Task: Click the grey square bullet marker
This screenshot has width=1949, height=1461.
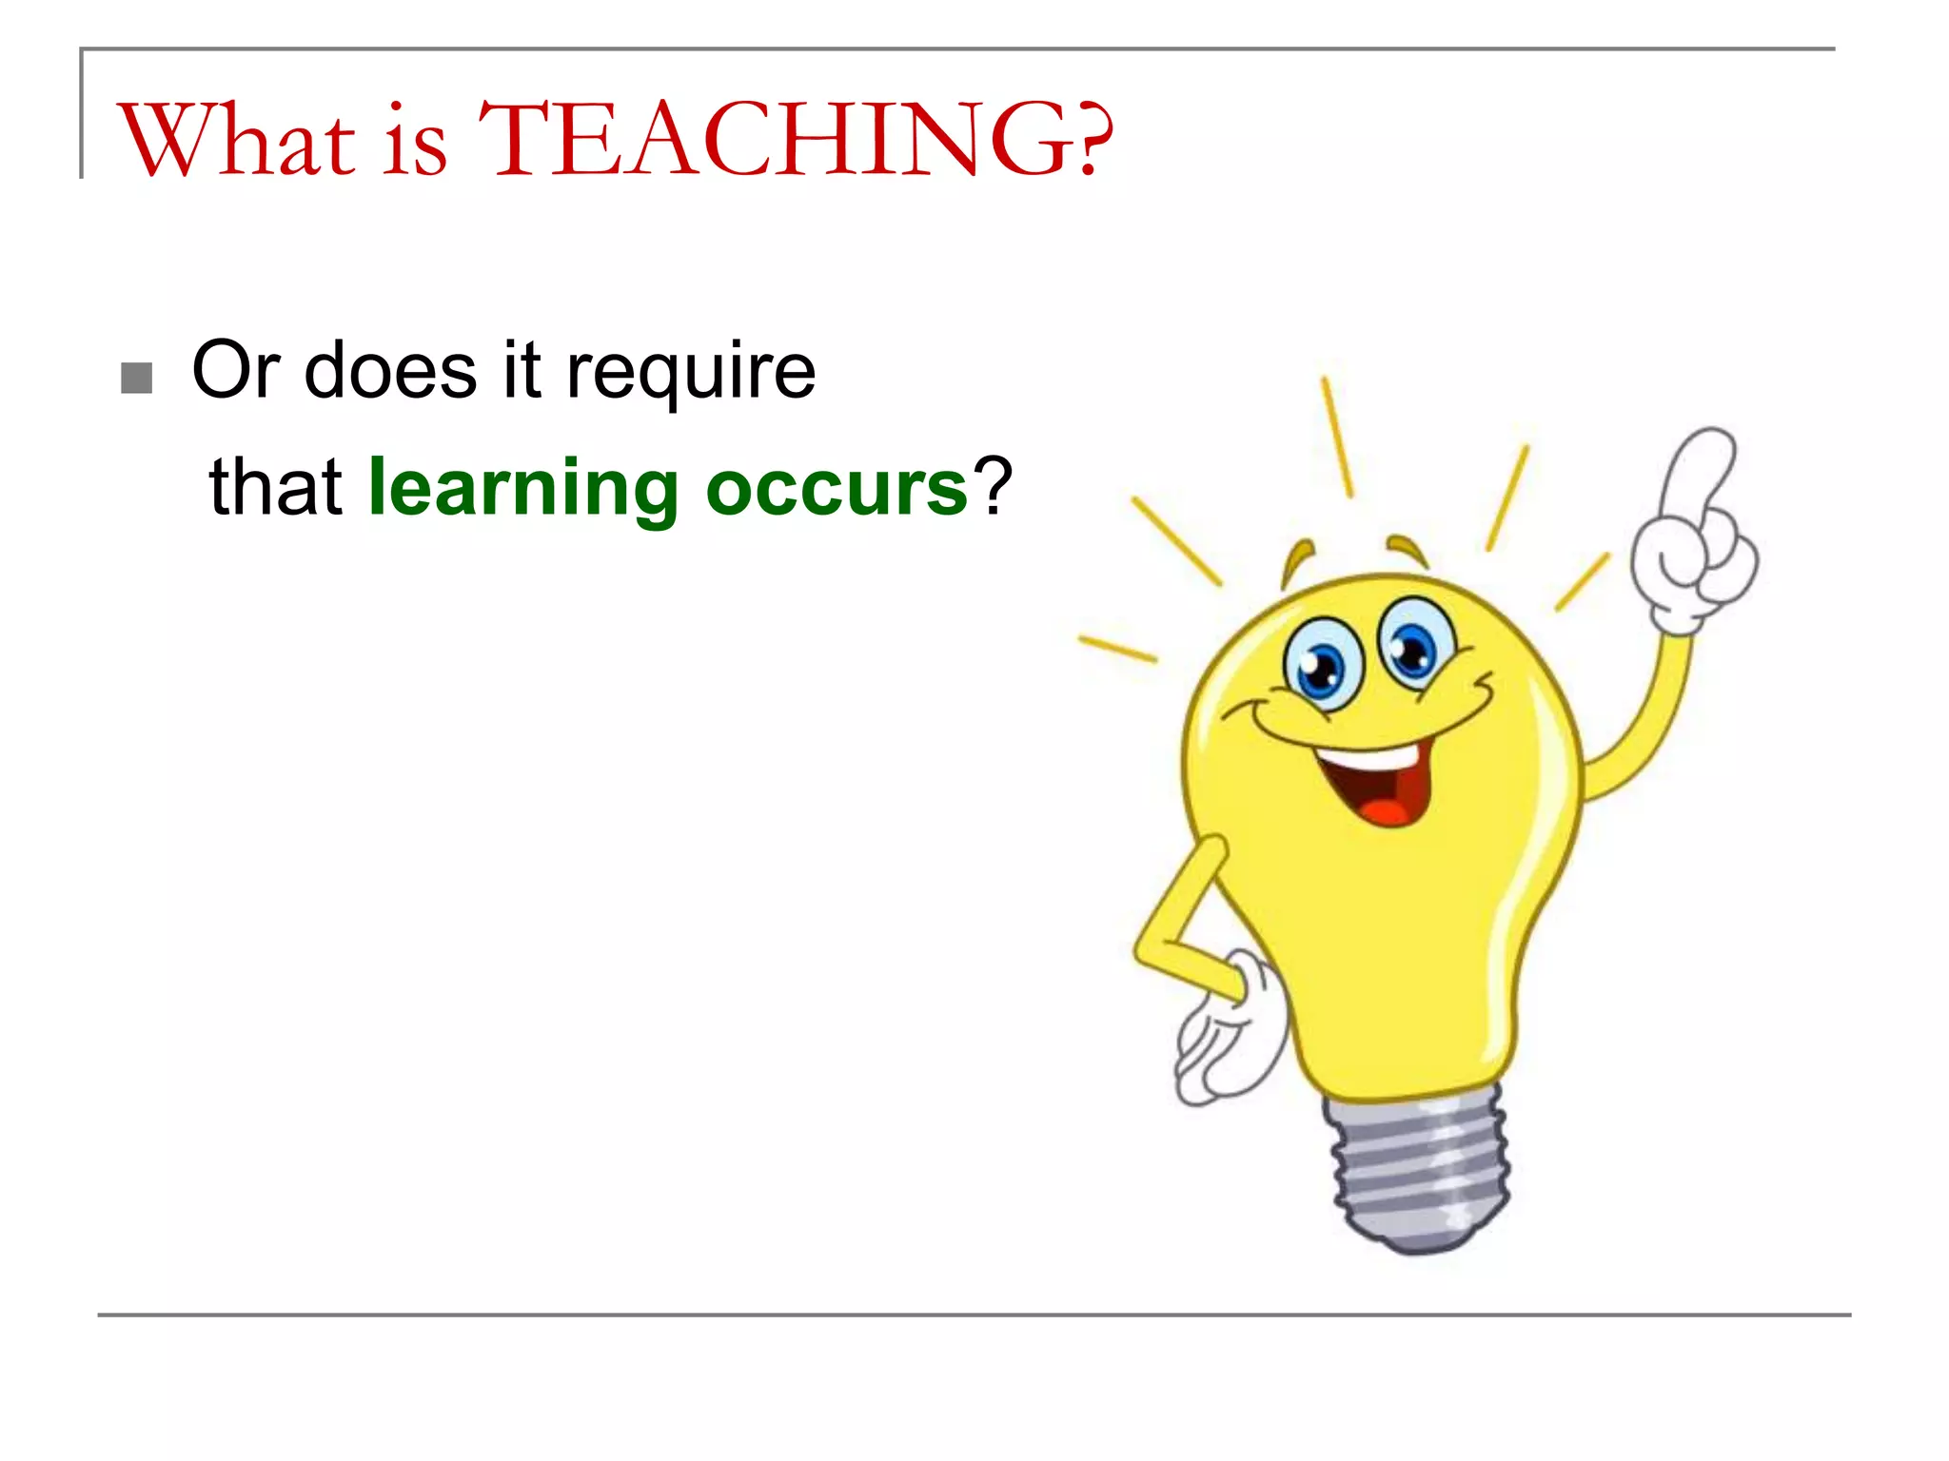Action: (137, 378)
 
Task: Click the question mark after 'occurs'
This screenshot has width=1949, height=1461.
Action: (993, 486)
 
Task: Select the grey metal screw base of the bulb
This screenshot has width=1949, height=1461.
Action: (1418, 1170)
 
